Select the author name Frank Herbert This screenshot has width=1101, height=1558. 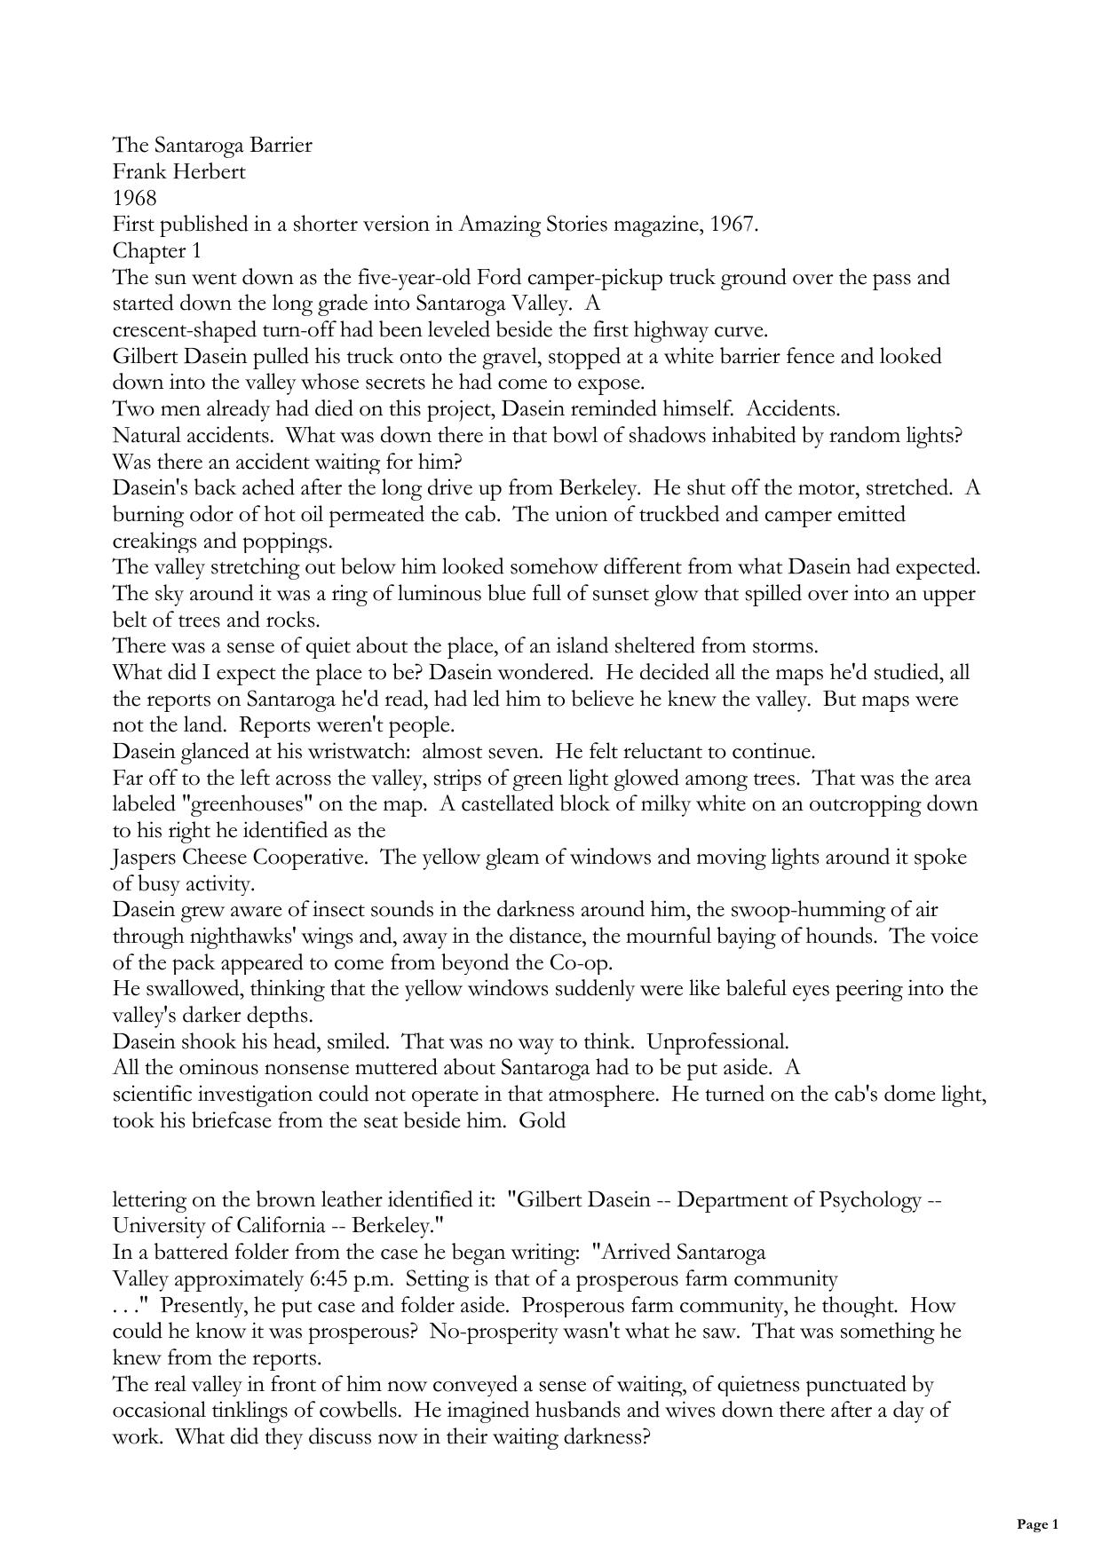click(x=178, y=171)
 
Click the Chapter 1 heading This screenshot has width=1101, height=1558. click(x=156, y=250)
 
